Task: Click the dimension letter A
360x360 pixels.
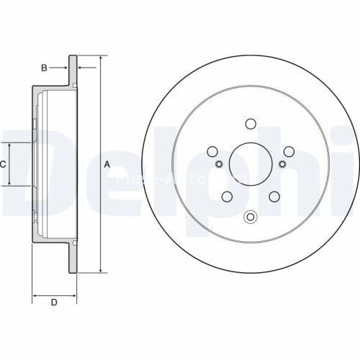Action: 107,164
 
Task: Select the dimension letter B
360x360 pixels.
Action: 44,68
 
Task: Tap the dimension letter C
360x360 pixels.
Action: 4,164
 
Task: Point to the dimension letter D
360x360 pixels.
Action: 53,302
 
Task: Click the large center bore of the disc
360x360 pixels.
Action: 251,165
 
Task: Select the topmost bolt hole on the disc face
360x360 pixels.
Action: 251,124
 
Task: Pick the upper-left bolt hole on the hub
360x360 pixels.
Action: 212,152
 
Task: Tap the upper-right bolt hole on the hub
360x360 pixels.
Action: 289,152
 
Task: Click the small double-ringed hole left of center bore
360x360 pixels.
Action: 219,165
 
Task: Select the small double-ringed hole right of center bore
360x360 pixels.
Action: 282,165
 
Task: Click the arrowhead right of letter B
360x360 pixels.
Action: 80,68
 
